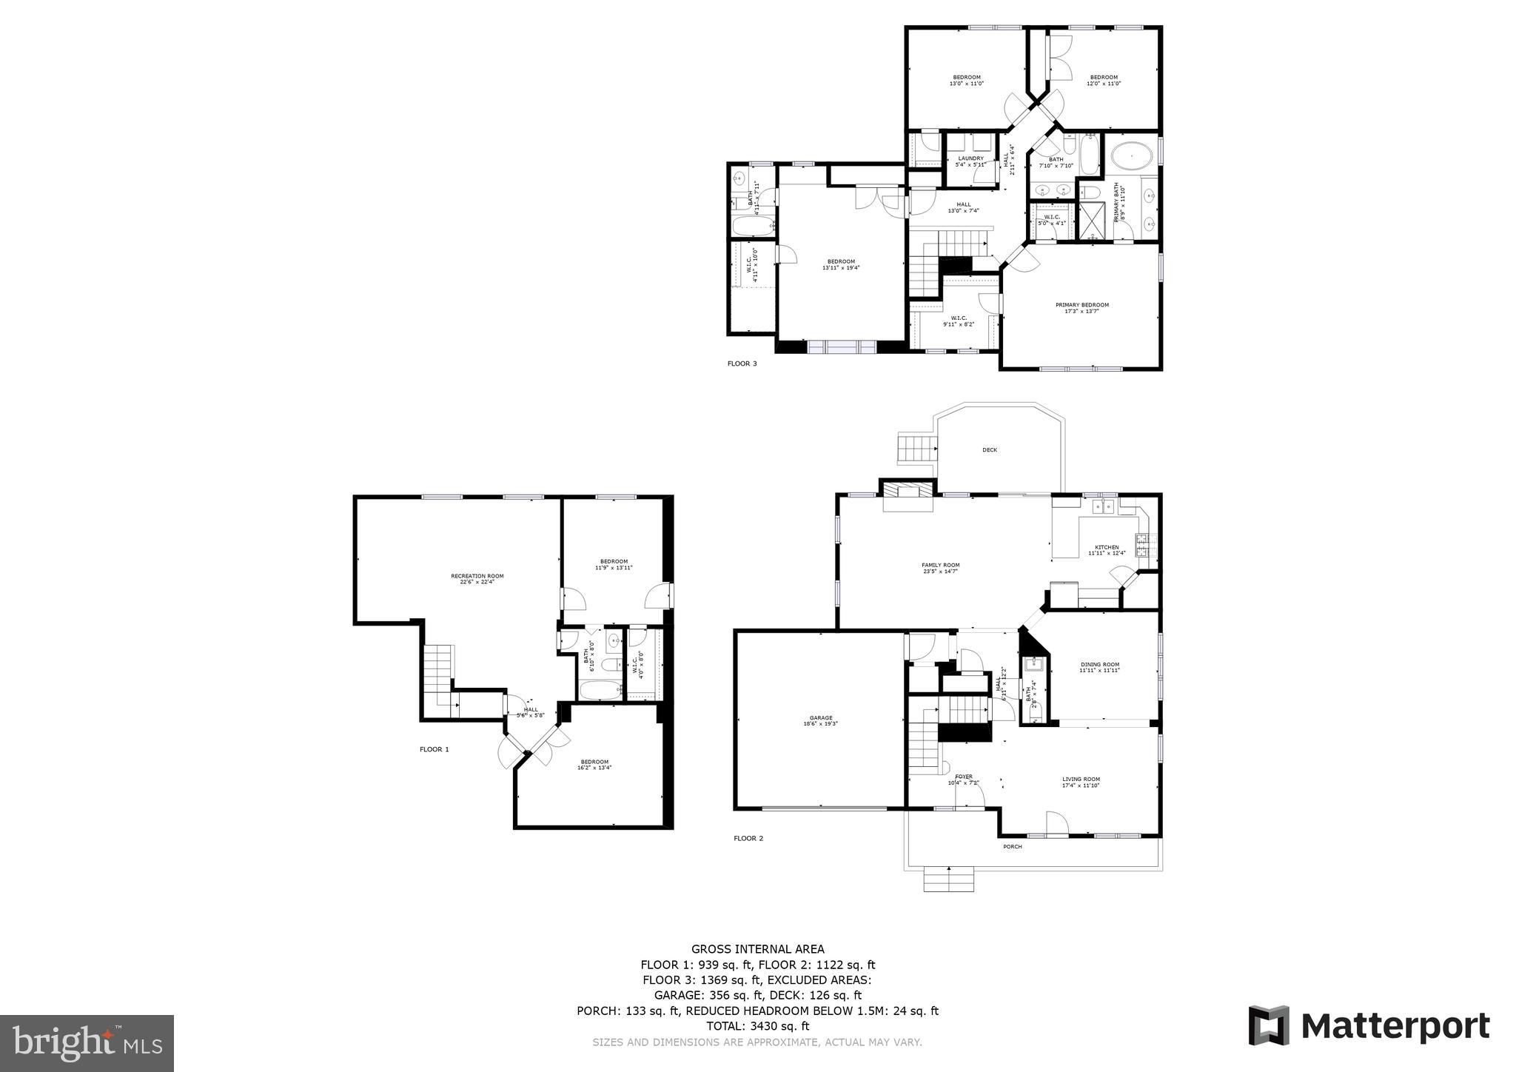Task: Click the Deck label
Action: click(990, 450)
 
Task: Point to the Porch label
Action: click(1012, 846)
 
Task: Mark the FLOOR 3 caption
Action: click(742, 364)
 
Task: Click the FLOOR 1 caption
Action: click(435, 749)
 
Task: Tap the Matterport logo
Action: click(1369, 1026)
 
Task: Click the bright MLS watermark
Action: click(87, 1043)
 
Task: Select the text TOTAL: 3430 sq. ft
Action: click(757, 1026)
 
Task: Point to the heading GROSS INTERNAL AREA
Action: click(757, 949)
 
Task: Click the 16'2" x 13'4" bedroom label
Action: click(594, 765)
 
